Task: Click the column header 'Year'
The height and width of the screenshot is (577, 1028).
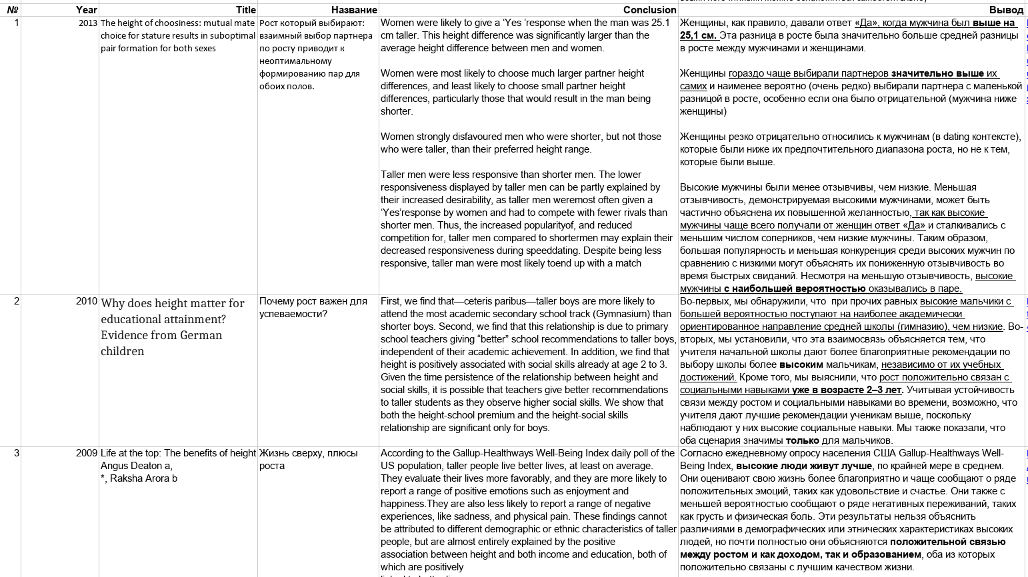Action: [86, 10]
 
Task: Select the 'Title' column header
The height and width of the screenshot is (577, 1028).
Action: [245, 10]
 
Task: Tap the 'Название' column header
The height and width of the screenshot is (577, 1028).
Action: [354, 10]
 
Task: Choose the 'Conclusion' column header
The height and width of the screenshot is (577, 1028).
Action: [649, 10]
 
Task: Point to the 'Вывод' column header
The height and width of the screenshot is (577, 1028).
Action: [1006, 10]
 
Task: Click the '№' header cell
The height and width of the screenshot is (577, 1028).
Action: [12, 10]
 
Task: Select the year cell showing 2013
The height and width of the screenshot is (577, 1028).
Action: [88, 23]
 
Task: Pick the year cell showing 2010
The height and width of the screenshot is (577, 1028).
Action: [87, 301]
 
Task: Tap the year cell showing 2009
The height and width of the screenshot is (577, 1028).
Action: [87, 453]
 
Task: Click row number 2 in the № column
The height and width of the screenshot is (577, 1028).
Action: [17, 301]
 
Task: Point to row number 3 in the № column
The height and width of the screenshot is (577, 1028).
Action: [17, 453]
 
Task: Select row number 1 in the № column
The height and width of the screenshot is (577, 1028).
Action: [17, 23]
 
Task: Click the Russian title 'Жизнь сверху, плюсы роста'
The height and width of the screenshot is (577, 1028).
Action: [308, 459]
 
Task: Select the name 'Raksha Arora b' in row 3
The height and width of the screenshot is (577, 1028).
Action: [143, 478]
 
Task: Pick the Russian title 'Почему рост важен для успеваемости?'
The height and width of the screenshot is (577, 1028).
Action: [313, 307]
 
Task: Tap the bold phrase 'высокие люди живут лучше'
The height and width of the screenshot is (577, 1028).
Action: [803, 466]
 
